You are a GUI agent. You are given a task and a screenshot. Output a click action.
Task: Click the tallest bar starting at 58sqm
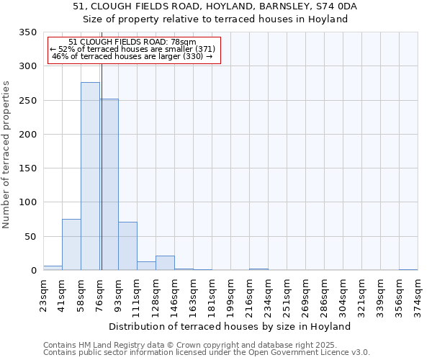(x=90, y=176)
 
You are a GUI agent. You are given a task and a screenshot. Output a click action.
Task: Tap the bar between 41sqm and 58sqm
(x=71, y=245)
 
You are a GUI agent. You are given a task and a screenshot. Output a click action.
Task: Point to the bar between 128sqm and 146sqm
(x=165, y=263)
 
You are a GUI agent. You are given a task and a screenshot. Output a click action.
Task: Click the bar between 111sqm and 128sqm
(x=146, y=266)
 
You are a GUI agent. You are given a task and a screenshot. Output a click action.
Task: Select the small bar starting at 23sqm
(x=53, y=268)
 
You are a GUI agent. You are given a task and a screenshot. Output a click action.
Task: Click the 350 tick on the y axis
(x=27, y=32)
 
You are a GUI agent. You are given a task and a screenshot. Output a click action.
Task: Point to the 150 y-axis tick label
(x=27, y=168)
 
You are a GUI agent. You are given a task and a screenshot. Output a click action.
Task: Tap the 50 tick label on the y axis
(x=30, y=237)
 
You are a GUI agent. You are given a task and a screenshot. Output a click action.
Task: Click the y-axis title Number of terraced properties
(x=6, y=155)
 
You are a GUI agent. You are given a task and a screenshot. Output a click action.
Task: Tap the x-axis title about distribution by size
(x=230, y=326)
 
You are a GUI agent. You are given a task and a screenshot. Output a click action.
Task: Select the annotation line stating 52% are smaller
(x=133, y=49)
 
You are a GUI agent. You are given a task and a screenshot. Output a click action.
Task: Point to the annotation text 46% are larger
(x=133, y=56)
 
